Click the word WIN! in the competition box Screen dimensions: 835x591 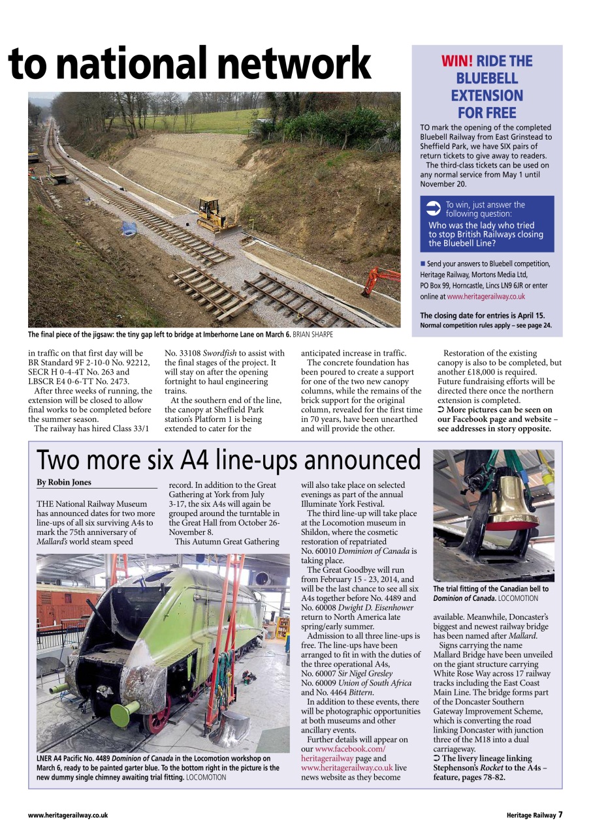point(457,61)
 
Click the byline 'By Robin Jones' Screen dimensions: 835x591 point(64,483)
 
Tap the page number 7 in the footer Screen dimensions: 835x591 point(560,815)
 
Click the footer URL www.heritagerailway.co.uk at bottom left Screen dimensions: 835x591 point(68,815)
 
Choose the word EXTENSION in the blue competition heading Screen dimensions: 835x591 point(487,95)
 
